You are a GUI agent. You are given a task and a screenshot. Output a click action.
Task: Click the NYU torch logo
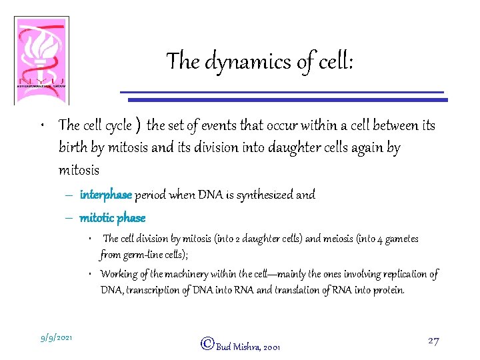[x=41, y=59]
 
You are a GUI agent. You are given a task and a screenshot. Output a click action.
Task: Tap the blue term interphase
[x=106, y=195]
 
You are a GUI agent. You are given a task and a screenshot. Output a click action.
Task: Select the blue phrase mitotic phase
[x=112, y=218]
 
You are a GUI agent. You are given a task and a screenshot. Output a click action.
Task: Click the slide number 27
[x=433, y=341]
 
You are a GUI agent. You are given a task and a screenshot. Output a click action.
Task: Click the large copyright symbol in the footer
[x=207, y=344]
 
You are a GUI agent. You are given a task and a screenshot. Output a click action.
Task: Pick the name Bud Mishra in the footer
[x=238, y=347]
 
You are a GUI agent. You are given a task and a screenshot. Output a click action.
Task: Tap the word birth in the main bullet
[x=73, y=148]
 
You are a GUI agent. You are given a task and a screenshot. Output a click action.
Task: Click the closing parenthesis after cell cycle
[x=137, y=125]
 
